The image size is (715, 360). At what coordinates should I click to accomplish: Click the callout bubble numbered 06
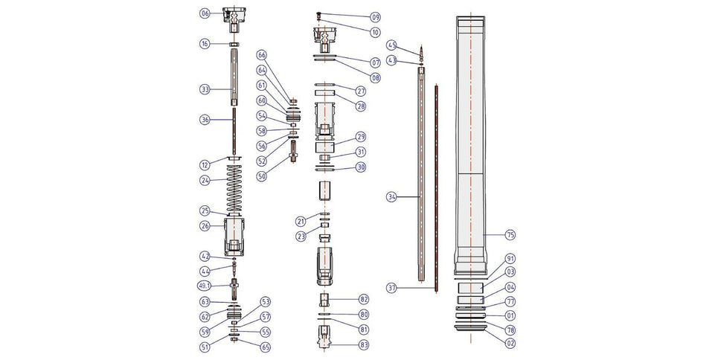tap(205, 13)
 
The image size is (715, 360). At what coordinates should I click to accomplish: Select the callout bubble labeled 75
tap(510, 235)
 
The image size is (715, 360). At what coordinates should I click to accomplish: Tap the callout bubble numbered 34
tap(391, 197)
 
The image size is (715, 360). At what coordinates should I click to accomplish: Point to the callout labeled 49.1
tap(205, 286)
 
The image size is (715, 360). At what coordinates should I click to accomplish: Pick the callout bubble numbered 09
tap(375, 16)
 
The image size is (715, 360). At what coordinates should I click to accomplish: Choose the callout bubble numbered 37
tap(391, 286)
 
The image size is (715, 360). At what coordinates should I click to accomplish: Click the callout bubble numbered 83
tap(364, 344)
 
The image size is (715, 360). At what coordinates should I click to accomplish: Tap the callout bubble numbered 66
tap(261, 55)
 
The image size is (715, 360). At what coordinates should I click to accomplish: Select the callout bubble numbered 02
tap(510, 343)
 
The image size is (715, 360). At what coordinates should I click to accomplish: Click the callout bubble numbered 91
tap(510, 258)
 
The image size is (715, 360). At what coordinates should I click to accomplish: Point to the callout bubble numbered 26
tap(205, 225)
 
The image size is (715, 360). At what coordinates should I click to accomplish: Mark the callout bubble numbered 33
tap(205, 89)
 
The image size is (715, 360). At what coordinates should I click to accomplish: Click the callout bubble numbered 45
tap(391, 45)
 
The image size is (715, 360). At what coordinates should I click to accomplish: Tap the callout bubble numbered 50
tap(261, 176)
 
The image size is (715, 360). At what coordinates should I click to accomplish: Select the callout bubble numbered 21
tap(301, 221)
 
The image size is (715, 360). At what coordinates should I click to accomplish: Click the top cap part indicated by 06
tap(234, 18)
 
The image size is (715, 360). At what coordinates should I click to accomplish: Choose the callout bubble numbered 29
tap(361, 137)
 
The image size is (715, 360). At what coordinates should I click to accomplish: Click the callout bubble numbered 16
tap(205, 45)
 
